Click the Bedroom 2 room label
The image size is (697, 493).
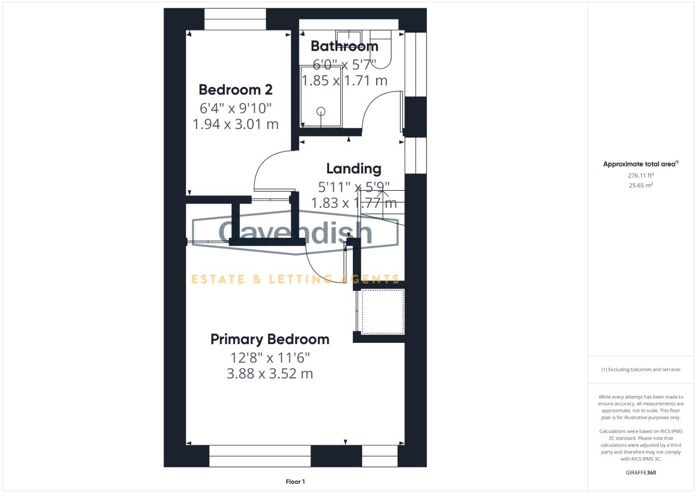pos(236,89)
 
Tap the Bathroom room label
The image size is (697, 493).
pos(344,46)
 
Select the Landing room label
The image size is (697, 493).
pos(354,168)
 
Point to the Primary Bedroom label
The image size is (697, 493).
pos(270,339)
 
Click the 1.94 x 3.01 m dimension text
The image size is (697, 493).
pos(236,124)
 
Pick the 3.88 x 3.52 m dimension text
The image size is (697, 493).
pos(270,374)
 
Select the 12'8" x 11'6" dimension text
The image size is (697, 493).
pos(270,357)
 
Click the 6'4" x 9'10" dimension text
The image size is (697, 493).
pos(236,108)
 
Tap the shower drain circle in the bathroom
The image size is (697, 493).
pos(321,111)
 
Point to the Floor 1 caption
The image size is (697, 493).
pos(295,482)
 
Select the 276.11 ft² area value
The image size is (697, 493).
pos(640,175)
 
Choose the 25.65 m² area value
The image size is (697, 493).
pos(640,185)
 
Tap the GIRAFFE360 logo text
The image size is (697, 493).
pos(640,472)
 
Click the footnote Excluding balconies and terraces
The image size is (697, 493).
pos(640,369)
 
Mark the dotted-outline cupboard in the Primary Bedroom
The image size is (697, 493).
pos(383,311)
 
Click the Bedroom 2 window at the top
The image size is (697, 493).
pos(235,19)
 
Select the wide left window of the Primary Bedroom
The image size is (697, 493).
pos(260,456)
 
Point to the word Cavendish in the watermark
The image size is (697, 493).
pos(295,232)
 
